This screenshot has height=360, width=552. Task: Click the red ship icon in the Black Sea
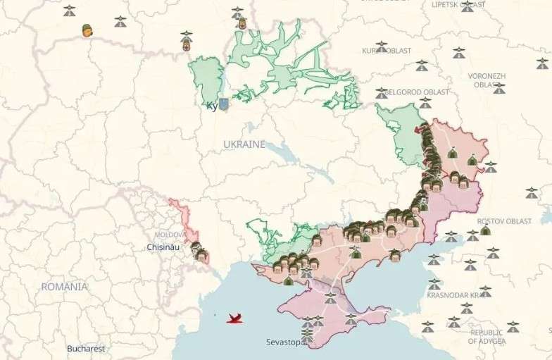[x=235, y=318]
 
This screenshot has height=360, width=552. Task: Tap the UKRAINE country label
[x=244, y=144]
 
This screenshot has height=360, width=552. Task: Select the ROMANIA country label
[x=64, y=287]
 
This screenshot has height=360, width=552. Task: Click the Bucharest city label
[x=86, y=348]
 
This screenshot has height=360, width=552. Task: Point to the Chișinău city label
[x=163, y=247]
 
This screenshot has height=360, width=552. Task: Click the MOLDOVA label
[x=170, y=234]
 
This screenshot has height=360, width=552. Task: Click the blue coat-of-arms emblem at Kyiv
[x=223, y=105]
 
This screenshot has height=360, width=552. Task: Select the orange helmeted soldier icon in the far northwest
[x=87, y=30]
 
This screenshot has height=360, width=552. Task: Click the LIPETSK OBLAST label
[x=458, y=4]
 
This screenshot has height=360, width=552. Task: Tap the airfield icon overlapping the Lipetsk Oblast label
[x=468, y=7]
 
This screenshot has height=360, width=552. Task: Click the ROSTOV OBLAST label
[x=504, y=221]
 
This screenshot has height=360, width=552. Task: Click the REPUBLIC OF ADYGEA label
[x=488, y=337]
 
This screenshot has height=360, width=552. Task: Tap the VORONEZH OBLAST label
[x=487, y=80]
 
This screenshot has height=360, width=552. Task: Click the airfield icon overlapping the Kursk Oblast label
[x=382, y=47]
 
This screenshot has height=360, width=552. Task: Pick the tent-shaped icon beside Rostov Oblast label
[x=485, y=230]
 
